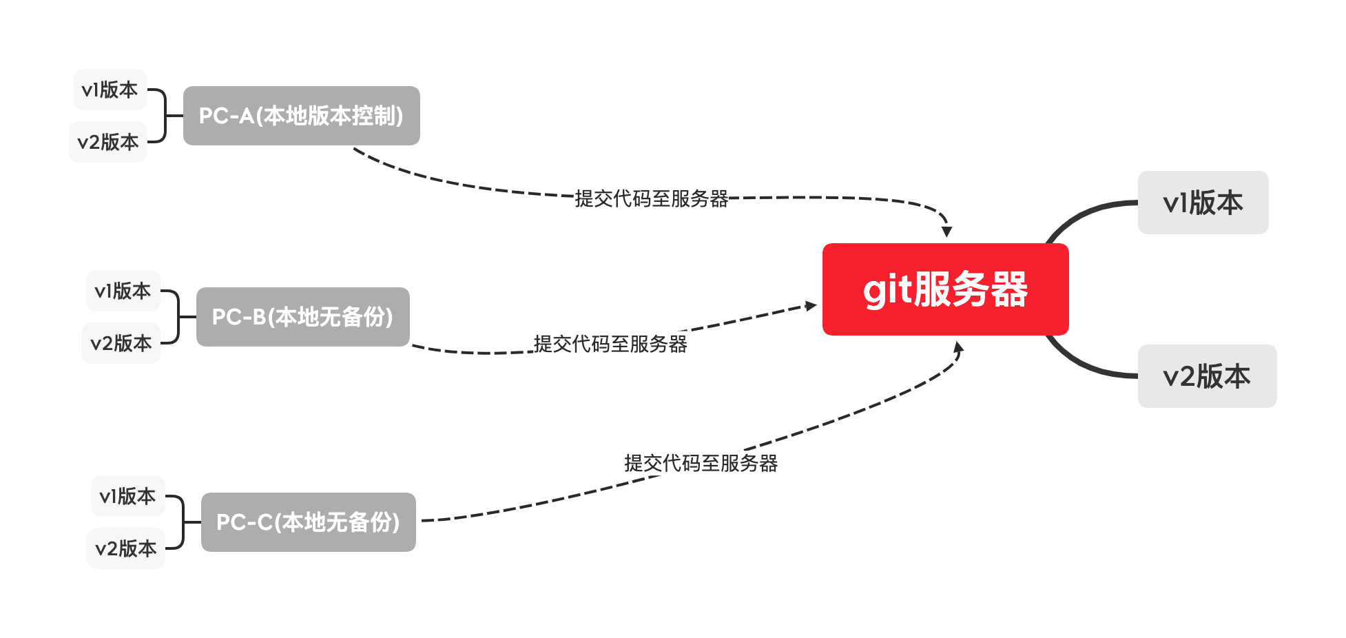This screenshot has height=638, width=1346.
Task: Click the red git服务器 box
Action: (945, 289)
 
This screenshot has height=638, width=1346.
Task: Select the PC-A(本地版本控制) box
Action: (301, 116)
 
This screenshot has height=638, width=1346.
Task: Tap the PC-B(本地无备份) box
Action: (302, 317)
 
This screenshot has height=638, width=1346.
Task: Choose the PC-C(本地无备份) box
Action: (308, 522)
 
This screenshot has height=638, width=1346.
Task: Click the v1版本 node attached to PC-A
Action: (110, 90)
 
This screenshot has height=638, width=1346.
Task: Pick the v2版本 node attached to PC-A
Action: (108, 142)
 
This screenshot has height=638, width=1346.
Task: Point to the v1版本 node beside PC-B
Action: (123, 291)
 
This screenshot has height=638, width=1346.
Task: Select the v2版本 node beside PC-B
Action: (121, 343)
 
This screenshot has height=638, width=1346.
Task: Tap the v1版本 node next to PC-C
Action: (127, 496)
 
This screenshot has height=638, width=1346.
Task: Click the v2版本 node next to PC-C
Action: (126, 548)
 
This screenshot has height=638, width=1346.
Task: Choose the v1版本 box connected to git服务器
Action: (1203, 203)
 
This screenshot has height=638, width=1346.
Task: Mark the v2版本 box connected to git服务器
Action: (1207, 376)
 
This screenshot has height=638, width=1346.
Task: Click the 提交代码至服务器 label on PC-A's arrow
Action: (652, 198)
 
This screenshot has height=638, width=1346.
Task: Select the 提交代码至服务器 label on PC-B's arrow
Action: (610, 344)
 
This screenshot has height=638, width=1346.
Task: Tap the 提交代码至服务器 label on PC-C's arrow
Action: (701, 463)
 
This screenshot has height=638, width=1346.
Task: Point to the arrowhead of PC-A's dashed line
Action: (947, 231)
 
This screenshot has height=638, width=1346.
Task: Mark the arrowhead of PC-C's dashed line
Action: (958, 347)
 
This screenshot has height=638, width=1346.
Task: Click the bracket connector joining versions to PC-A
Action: (164, 116)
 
